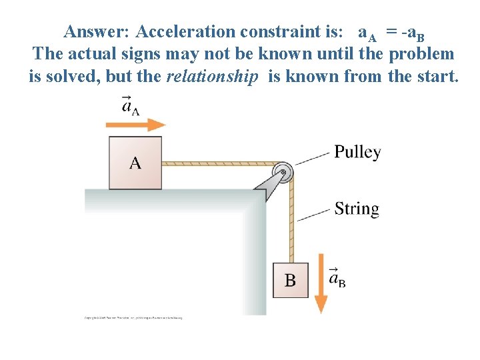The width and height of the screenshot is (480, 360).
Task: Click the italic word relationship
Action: [x=212, y=76]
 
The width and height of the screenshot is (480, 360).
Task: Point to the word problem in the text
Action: [x=421, y=54]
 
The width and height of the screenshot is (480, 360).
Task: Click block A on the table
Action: [x=135, y=163]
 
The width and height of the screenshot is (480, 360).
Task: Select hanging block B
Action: [x=291, y=281]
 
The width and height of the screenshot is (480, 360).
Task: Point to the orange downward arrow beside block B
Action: [x=321, y=283]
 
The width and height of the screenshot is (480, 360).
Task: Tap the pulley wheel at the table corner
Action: [x=285, y=172]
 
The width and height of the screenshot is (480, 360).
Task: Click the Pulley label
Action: [x=357, y=152]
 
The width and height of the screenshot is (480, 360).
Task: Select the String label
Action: [x=357, y=209]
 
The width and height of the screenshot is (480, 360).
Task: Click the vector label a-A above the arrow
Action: [x=131, y=105]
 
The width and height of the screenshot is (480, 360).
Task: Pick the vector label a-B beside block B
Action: [x=337, y=278]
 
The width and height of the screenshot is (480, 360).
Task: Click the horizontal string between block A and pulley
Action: [x=220, y=163]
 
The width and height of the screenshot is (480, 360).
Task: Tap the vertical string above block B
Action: [x=291, y=220]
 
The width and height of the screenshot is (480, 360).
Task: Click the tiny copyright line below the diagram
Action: [x=133, y=318]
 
